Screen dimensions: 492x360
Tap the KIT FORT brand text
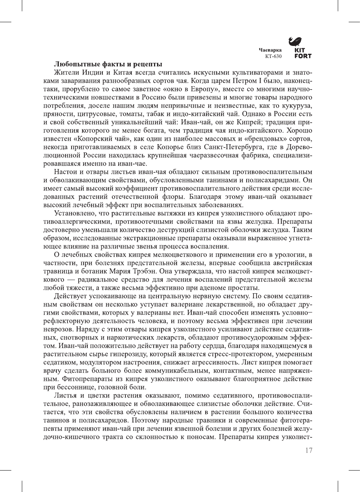pyautogui.click(x=303, y=53)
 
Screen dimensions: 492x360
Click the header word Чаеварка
pyautogui.click(x=270, y=50)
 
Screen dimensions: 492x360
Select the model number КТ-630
pyautogui.click(x=273, y=56)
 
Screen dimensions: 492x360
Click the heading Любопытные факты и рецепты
pyautogui.click(x=108, y=64)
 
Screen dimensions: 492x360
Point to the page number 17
pyautogui.click(x=308, y=451)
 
